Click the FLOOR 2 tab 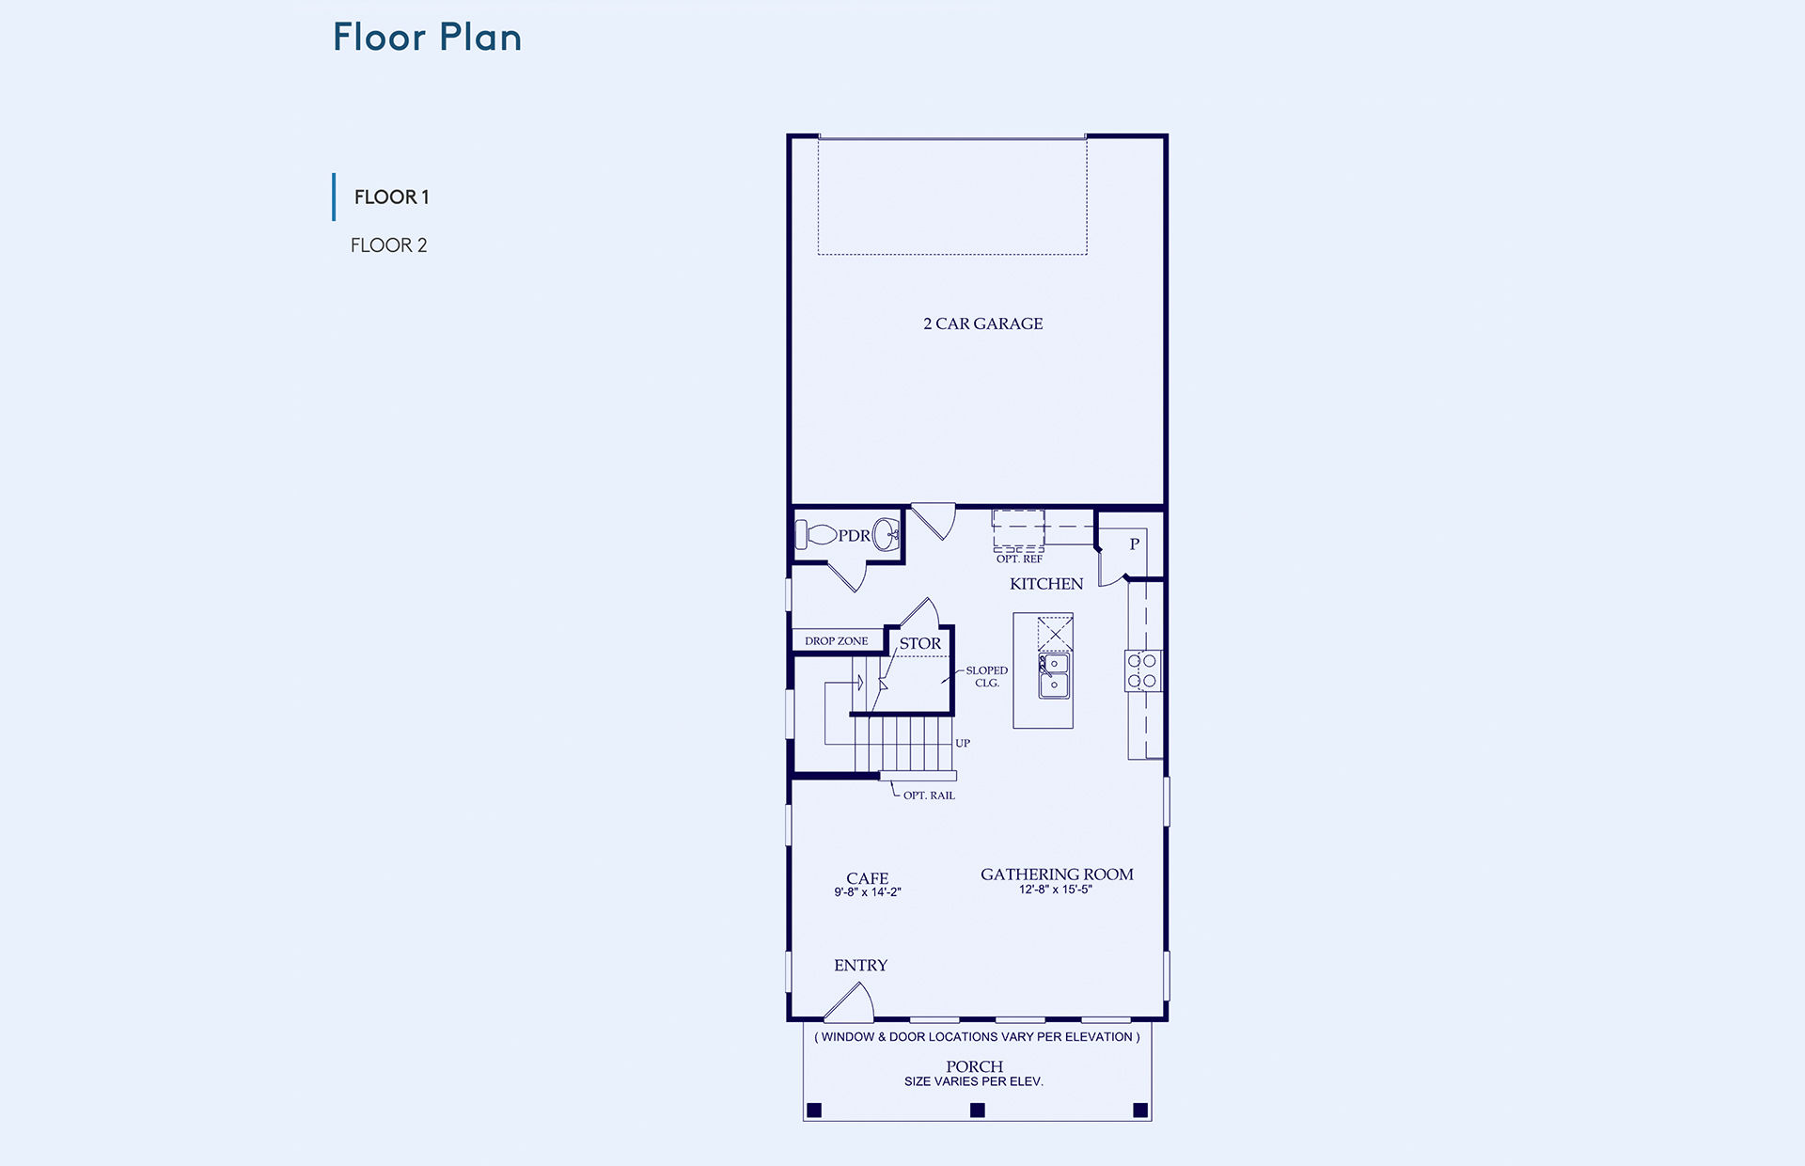pyautogui.click(x=388, y=245)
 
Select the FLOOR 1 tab pyautogui.click(x=391, y=197)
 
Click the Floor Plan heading pyautogui.click(x=427, y=38)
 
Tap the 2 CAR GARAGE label pyautogui.click(x=982, y=323)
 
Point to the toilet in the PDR pyautogui.click(x=815, y=535)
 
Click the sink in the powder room pyautogui.click(x=886, y=535)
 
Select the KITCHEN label pyautogui.click(x=1046, y=584)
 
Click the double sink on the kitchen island pyautogui.click(x=1054, y=675)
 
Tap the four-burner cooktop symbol pyautogui.click(x=1142, y=670)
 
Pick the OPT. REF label pyautogui.click(x=1019, y=559)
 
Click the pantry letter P pyautogui.click(x=1135, y=544)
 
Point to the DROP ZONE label pyautogui.click(x=836, y=641)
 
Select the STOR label pyautogui.click(x=919, y=643)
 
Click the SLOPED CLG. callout pyautogui.click(x=986, y=677)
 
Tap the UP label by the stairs pyautogui.click(x=963, y=743)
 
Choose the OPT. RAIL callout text pyautogui.click(x=929, y=796)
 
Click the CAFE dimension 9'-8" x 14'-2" pyautogui.click(x=868, y=892)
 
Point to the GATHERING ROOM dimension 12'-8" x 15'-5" pyautogui.click(x=1056, y=890)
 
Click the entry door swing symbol pyautogui.click(x=850, y=1002)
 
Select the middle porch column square pyautogui.click(x=978, y=1111)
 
